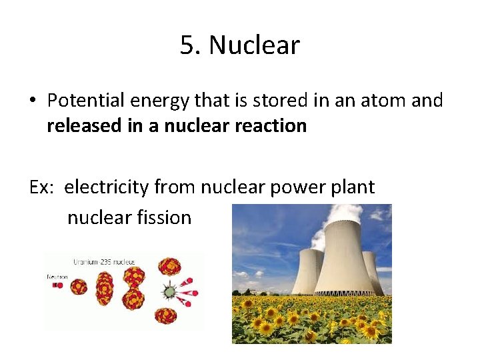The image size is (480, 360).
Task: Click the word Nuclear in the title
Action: coord(254,45)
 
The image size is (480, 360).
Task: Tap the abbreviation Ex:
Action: coord(43,187)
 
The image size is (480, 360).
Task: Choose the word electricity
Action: coord(107,187)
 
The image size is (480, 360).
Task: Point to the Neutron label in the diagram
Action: coord(57,276)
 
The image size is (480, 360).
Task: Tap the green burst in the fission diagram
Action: coord(171,291)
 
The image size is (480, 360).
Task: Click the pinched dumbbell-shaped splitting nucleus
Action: coord(133,288)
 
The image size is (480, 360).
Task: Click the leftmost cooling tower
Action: coord(307,270)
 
